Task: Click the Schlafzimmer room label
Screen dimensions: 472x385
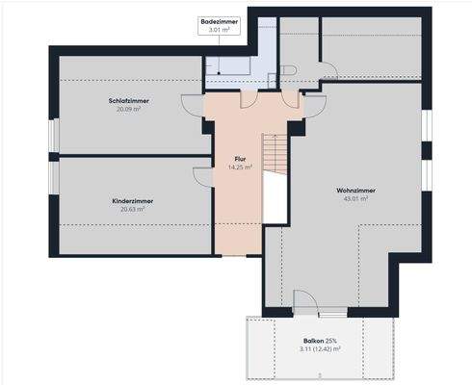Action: coord(129,101)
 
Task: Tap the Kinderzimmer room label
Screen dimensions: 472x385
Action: coord(133,201)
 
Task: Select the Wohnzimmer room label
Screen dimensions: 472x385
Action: coord(355,191)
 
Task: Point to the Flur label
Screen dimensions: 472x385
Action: coord(240,159)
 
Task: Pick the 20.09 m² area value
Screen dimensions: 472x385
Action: coord(129,109)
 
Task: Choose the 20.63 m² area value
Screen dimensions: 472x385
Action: coord(133,209)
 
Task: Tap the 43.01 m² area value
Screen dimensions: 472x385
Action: coord(355,198)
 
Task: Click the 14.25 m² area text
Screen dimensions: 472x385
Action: coord(240,167)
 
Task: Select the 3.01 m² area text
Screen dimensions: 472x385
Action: coord(220,30)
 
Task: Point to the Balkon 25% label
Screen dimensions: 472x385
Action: coord(320,341)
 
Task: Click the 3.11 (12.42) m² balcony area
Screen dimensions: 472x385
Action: coord(320,349)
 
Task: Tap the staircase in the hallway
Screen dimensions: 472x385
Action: coord(275,154)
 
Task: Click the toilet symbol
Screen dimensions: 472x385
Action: coord(288,70)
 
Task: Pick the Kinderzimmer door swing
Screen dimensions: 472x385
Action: coord(203,177)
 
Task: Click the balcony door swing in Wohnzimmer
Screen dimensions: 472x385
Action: coord(306,301)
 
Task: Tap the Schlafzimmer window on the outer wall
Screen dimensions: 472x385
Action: coord(54,136)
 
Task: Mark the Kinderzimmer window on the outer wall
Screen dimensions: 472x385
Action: coord(54,178)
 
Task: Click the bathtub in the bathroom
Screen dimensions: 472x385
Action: coord(227,66)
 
